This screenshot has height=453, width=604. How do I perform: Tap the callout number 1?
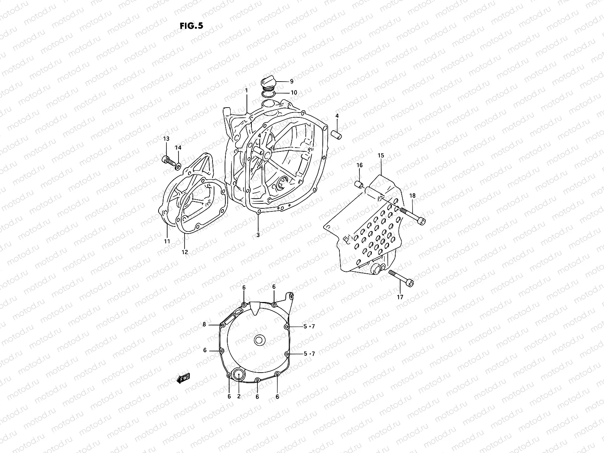tap(246, 91)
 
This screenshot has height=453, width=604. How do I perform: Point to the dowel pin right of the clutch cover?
tap(337, 134)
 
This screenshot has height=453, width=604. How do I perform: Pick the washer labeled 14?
tap(178, 165)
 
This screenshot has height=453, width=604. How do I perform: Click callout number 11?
tap(167, 241)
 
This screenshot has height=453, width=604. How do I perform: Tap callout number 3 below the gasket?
tap(258, 235)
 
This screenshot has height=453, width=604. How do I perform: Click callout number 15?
tap(381, 156)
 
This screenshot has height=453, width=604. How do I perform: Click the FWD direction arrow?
tap(183, 379)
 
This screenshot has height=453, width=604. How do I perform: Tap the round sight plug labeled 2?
tap(239, 375)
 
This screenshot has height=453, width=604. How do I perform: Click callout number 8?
tap(204, 324)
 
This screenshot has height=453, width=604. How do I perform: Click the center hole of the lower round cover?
tap(259, 340)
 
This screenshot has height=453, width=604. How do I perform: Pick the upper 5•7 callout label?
tap(308, 326)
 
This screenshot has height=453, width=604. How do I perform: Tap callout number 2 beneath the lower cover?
tap(239, 396)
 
